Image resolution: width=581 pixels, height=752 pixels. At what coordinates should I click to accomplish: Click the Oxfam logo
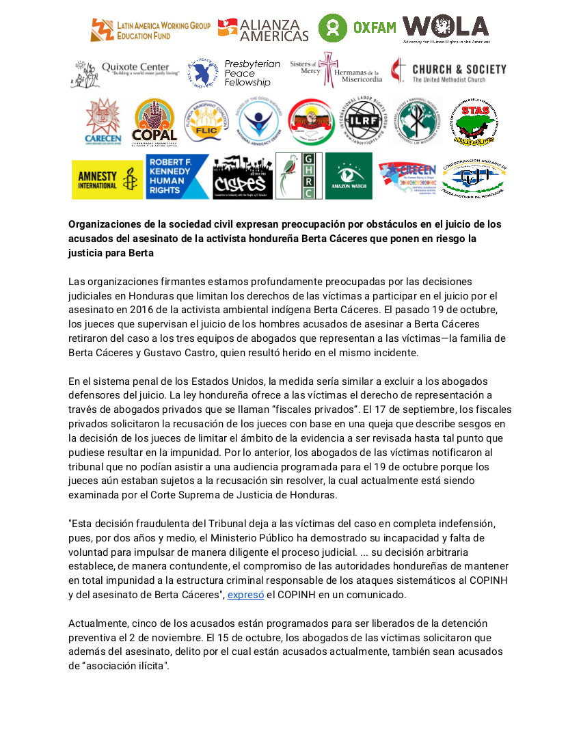point(357,28)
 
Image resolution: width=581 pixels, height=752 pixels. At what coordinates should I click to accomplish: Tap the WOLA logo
point(446,28)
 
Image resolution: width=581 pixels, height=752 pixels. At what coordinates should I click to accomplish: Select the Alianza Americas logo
point(263,29)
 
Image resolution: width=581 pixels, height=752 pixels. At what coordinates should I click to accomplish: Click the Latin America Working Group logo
point(150,29)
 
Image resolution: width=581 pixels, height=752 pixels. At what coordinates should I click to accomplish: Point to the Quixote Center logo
point(125,72)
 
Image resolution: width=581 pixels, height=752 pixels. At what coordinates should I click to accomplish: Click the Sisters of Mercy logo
point(335,70)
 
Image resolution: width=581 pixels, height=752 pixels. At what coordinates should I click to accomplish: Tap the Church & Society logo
point(448,72)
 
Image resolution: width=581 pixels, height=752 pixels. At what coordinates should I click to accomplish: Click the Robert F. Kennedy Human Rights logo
point(177,176)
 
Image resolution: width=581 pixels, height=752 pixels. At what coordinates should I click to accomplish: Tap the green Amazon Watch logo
point(349,176)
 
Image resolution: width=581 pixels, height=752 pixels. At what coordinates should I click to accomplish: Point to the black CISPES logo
point(243,177)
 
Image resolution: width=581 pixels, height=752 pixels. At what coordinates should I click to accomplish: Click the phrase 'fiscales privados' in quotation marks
point(307,409)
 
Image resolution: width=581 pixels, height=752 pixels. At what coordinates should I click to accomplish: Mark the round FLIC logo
point(206,121)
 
